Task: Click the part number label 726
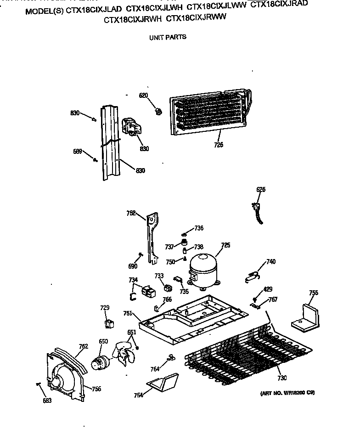tap(219, 145)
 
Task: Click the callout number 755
tap(314, 293)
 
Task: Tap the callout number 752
tap(131, 213)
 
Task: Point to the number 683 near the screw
tap(47, 400)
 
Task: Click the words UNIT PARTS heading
tap(168, 37)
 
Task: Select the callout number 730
tap(282, 378)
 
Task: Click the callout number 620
tap(144, 95)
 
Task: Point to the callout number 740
tap(271, 261)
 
